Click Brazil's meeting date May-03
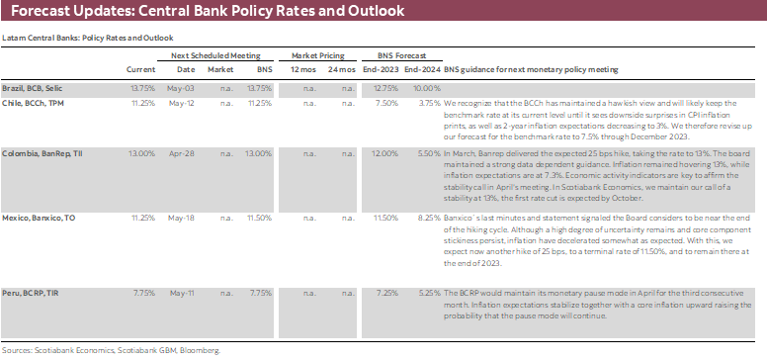pos(186,88)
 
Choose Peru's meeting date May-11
pos(186,293)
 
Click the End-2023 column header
pos(383,69)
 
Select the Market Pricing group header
pos(316,55)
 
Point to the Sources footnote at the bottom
pos(111,349)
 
